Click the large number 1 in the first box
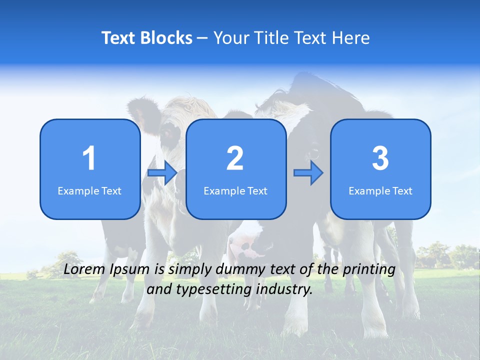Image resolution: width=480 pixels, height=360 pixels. coord(89,158)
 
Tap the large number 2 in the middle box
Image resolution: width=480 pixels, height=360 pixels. coord(235,158)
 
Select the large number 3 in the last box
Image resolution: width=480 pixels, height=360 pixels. coord(380,158)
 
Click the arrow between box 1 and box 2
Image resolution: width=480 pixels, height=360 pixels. coord(162,173)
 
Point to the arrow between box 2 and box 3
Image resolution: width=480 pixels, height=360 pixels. coord(308,173)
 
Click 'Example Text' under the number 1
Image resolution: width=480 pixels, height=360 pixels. coord(89,191)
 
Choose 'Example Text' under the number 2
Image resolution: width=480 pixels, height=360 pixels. coord(235,191)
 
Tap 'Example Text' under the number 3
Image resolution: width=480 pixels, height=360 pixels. coord(380,191)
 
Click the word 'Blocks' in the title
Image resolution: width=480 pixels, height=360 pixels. coord(165,38)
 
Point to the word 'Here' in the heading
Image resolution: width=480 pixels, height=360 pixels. coord(351,38)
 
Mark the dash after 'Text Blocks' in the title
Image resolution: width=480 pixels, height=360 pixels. coord(202,38)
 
